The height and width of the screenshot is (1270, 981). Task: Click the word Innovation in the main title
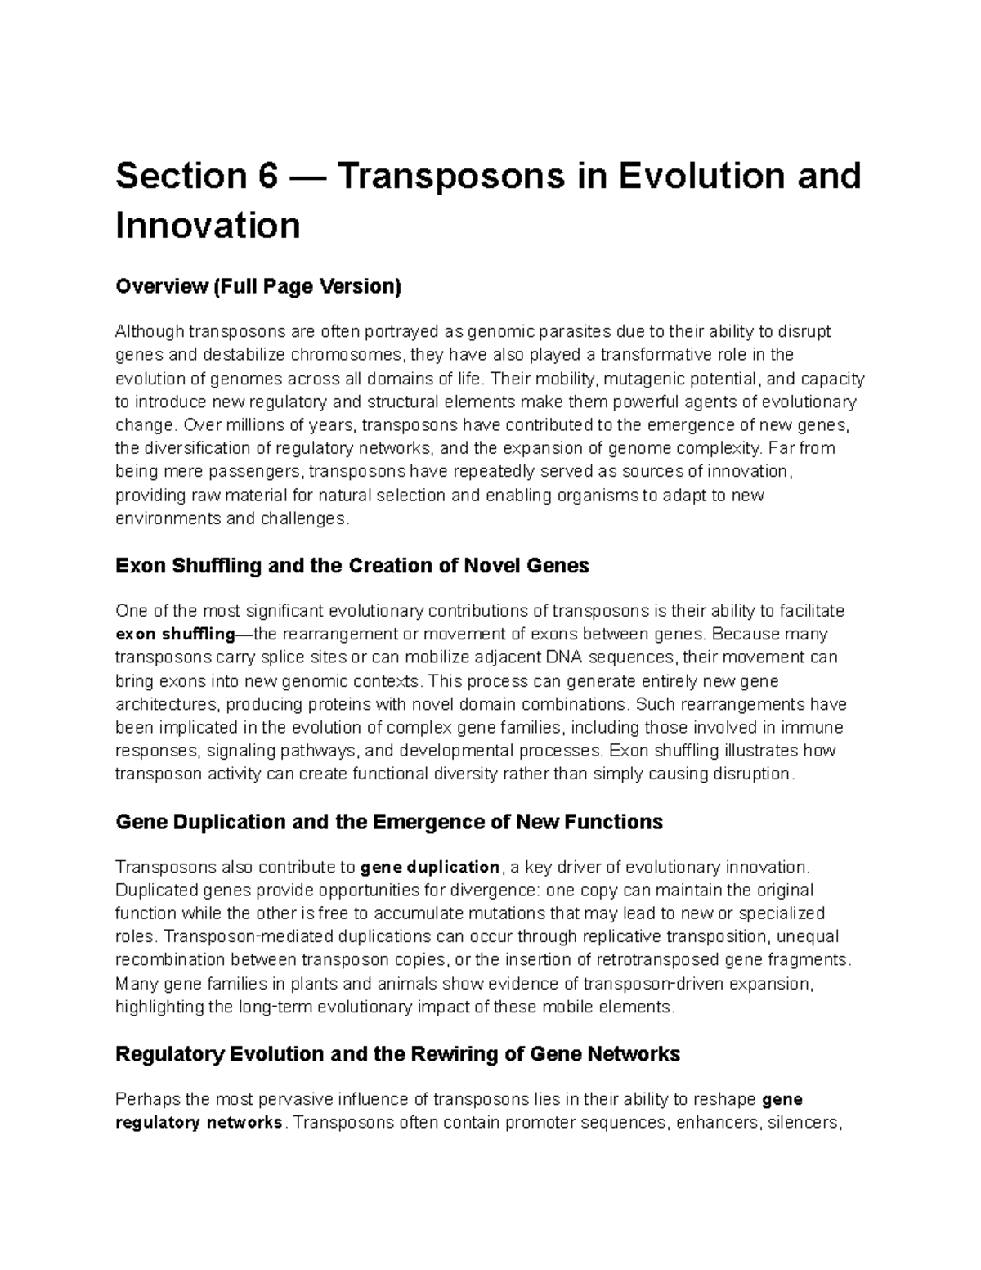208,226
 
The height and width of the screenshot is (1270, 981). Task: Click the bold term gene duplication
430,867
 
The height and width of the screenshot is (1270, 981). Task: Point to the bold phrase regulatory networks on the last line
199,1122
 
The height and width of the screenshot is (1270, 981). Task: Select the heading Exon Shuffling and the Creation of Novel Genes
352,566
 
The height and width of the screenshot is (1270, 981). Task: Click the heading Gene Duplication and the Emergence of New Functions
389,822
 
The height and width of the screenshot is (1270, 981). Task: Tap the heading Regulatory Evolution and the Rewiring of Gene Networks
398,1054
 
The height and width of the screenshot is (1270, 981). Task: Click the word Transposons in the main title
451,177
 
